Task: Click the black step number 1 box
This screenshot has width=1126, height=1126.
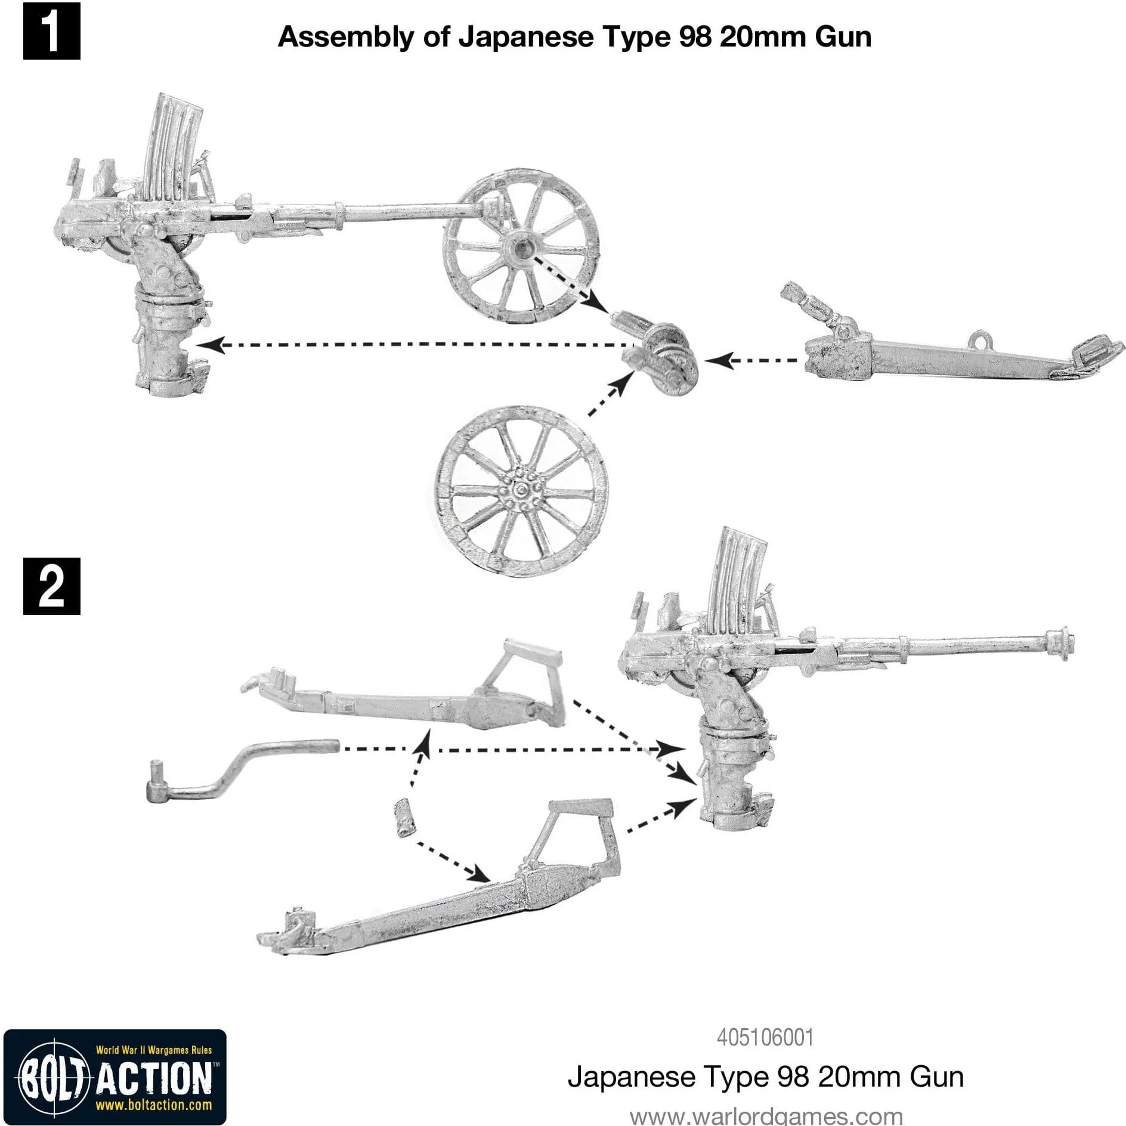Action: [51, 31]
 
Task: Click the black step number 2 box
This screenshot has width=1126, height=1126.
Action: [51, 586]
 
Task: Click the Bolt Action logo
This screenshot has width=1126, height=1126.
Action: [115, 1076]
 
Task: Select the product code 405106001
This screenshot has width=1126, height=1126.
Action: [765, 1037]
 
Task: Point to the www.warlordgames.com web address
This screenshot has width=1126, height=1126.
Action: [766, 1115]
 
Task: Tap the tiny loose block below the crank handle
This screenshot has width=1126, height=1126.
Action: [404, 818]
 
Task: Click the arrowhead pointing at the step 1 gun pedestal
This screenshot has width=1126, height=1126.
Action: [206, 344]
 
